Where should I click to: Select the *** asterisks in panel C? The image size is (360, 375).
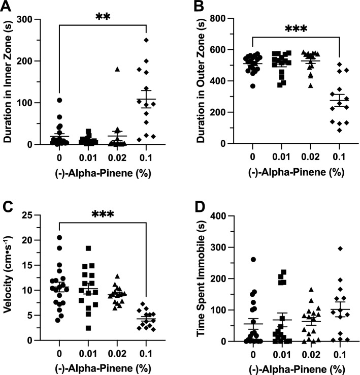coord(103,212)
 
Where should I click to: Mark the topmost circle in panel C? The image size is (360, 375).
coord(59,238)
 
